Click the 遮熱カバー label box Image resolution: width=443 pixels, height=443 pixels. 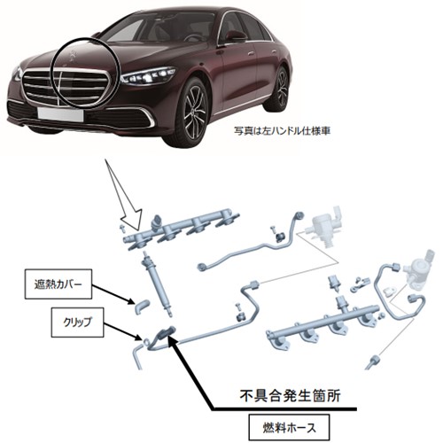[58, 284]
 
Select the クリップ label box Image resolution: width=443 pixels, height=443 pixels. [77, 323]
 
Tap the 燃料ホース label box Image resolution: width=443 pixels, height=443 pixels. [289, 427]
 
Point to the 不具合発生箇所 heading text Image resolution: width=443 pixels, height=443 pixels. [290, 396]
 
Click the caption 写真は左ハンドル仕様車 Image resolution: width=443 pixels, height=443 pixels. [282, 131]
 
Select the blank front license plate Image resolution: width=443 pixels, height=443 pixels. [60, 114]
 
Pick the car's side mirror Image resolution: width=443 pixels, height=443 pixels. [236, 36]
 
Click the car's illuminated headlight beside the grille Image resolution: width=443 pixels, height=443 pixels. [149, 75]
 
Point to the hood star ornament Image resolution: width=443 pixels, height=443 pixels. [72, 54]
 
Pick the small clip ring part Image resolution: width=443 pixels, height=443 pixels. [147, 342]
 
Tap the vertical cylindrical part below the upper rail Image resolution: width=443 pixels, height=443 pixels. [157, 284]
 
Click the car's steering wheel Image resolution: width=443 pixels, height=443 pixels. [193, 38]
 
